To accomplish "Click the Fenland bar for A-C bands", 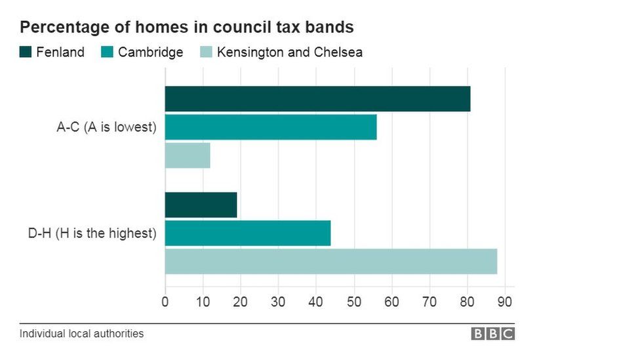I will click(x=317, y=99).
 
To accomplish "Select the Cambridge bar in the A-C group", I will click(x=271, y=127).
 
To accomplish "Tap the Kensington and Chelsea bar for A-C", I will click(x=188, y=155).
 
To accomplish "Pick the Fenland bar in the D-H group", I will click(x=201, y=205).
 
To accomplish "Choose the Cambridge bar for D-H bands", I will click(x=248, y=233).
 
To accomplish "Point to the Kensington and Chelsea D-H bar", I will click(x=330, y=262).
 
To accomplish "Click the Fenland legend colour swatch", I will click(x=26, y=52).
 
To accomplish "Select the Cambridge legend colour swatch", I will click(x=108, y=52).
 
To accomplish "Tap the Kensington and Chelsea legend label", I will click(x=289, y=52).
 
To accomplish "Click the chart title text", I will click(x=187, y=28).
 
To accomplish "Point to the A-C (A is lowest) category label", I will click(x=107, y=127).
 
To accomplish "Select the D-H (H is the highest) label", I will click(x=96, y=233).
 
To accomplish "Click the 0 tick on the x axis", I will click(x=165, y=302).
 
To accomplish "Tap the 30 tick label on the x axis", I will click(x=279, y=302).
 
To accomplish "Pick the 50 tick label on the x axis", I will click(x=354, y=302).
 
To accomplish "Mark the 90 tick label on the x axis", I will click(x=506, y=302).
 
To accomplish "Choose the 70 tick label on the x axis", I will click(x=430, y=302).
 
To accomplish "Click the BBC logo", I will click(x=493, y=334).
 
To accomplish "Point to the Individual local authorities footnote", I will click(x=81, y=334).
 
